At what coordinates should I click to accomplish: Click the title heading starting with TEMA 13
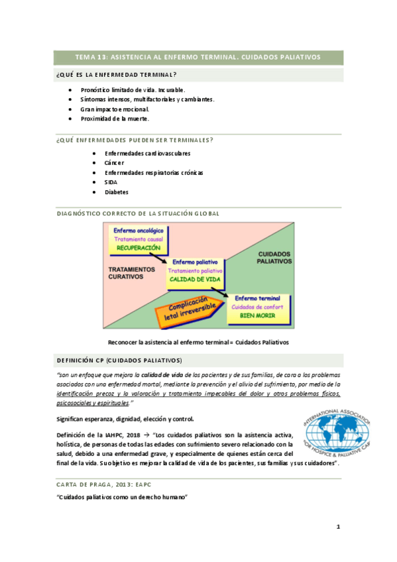point(198,57)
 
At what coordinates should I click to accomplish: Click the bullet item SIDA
point(111,182)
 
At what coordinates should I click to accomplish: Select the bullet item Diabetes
point(116,192)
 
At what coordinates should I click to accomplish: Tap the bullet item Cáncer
point(114,162)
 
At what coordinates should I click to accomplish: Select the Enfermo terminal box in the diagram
point(257,307)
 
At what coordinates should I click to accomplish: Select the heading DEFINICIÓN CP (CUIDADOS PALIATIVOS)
point(120,361)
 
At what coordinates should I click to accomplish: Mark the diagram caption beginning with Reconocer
point(198,342)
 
